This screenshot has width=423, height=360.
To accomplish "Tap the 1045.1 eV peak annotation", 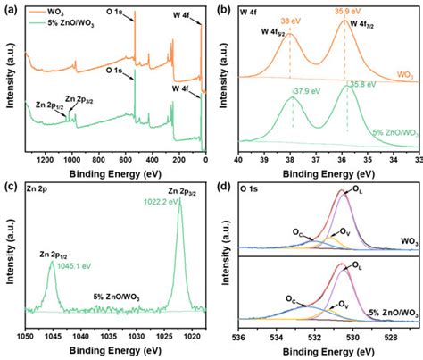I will click(58, 265).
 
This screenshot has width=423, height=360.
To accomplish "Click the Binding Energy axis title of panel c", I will click(112, 352).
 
